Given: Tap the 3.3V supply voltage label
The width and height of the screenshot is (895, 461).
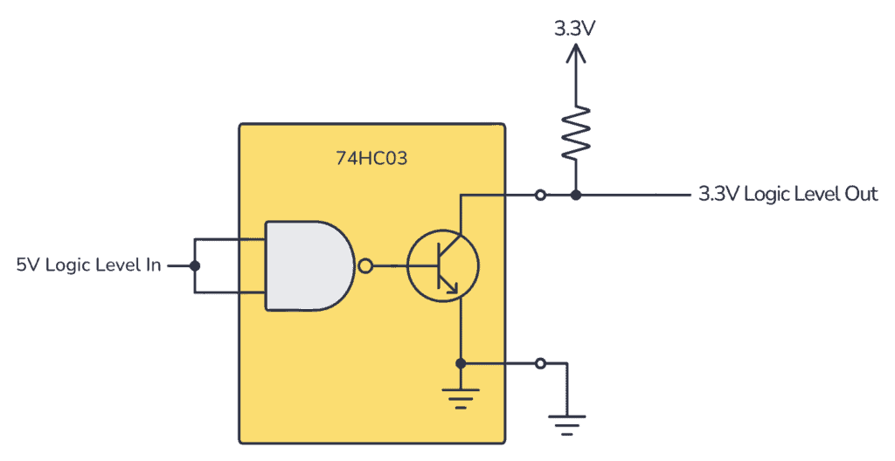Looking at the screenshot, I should [x=575, y=27].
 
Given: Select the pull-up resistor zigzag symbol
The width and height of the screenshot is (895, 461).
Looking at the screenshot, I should [x=575, y=133].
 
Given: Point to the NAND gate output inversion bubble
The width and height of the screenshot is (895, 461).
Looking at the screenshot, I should [x=365, y=265].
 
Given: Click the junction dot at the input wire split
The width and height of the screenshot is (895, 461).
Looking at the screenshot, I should [x=195, y=265].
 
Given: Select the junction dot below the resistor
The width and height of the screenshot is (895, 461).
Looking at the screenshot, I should [x=575, y=195].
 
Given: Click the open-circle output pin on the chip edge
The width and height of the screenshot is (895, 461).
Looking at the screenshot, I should [x=541, y=195].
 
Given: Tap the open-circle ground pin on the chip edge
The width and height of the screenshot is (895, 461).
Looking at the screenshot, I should [x=541, y=362].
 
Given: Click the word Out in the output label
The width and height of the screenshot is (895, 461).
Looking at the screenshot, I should [x=861, y=194].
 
